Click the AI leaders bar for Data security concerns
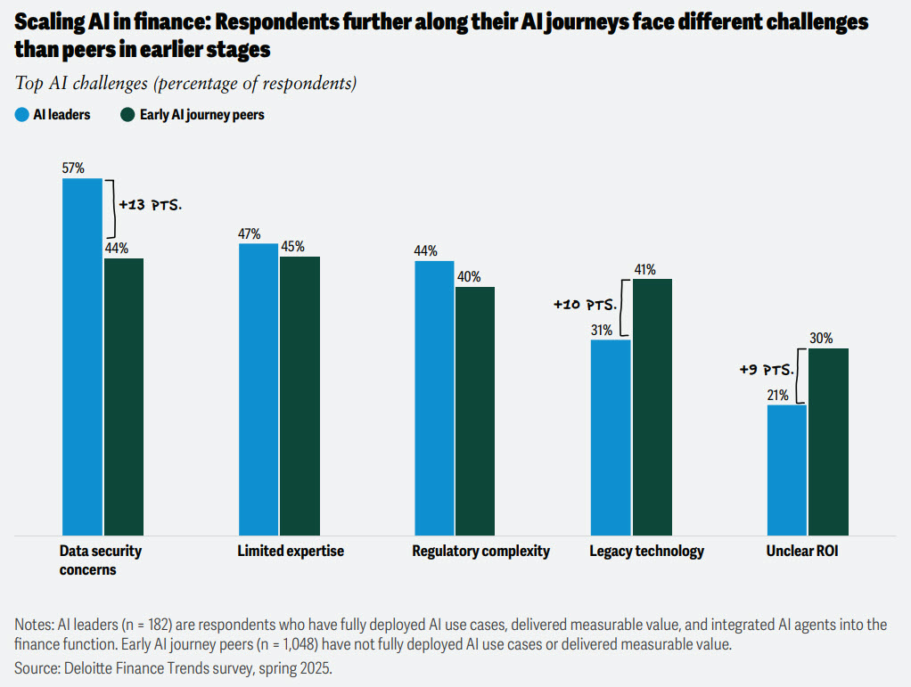point(82,356)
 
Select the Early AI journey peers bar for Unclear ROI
point(828,441)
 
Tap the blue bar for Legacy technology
point(611,437)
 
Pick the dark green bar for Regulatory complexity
point(474,410)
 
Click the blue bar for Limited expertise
point(258,388)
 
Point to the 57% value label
point(73,168)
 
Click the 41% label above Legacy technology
point(644,269)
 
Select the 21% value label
point(777,396)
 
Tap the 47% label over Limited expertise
point(249,233)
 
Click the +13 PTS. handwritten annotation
point(150,205)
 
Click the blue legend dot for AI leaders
point(21,114)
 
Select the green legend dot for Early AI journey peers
point(127,114)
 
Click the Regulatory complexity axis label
point(480,551)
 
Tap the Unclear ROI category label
point(802,551)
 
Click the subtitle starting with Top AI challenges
point(185,84)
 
